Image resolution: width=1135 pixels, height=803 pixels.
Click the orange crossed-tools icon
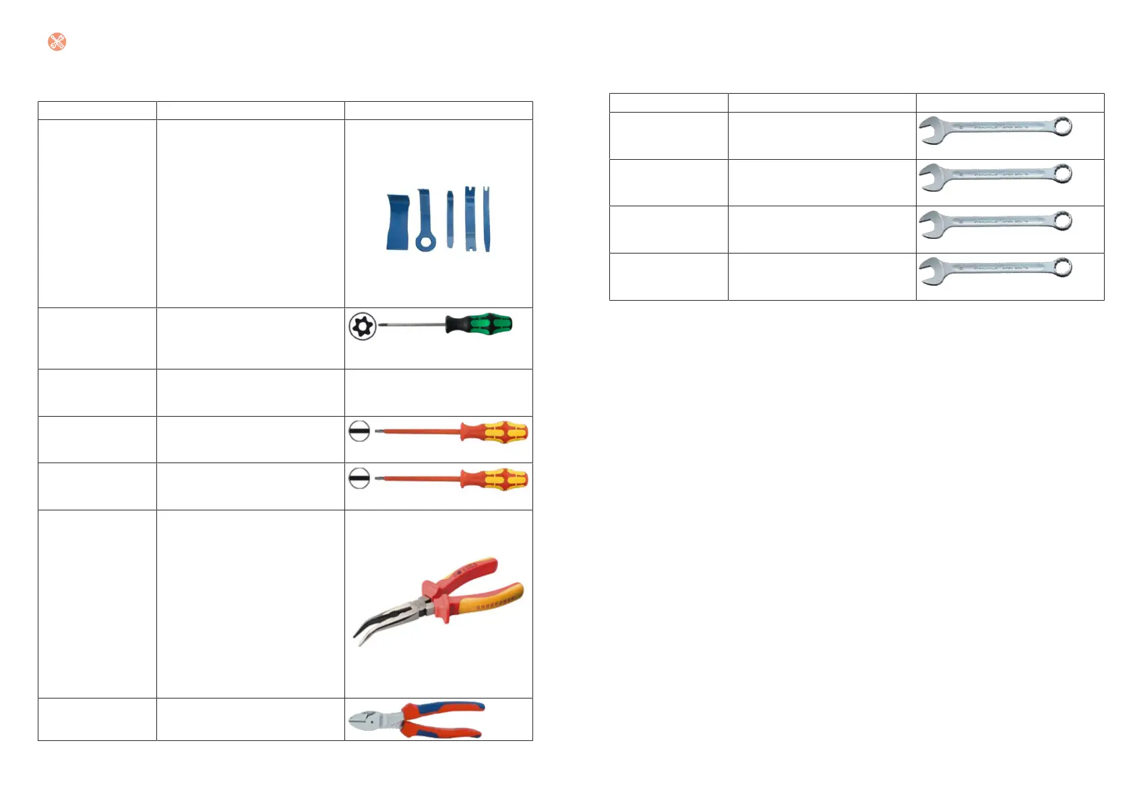[x=57, y=42]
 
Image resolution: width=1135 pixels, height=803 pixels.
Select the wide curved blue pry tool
[x=398, y=222]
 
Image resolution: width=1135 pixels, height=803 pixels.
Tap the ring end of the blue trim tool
[x=425, y=241]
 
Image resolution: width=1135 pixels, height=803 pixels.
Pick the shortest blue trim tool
[x=450, y=218]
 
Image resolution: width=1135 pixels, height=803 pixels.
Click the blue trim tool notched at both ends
[x=470, y=219]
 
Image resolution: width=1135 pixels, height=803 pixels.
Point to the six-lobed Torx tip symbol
[x=363, y=327]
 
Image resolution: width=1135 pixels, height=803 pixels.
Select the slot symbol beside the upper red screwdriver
[x=359, y=431]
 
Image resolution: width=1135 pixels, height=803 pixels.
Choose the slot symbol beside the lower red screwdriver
[x=359, y=478]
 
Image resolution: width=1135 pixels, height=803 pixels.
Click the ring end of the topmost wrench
[x=1063, y=126]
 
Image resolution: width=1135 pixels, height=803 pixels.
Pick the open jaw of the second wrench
[x=931, y=178]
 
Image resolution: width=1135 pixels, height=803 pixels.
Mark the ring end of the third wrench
[x=1063, y=220]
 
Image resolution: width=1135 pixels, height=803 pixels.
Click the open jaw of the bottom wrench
[x=931, y=272]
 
